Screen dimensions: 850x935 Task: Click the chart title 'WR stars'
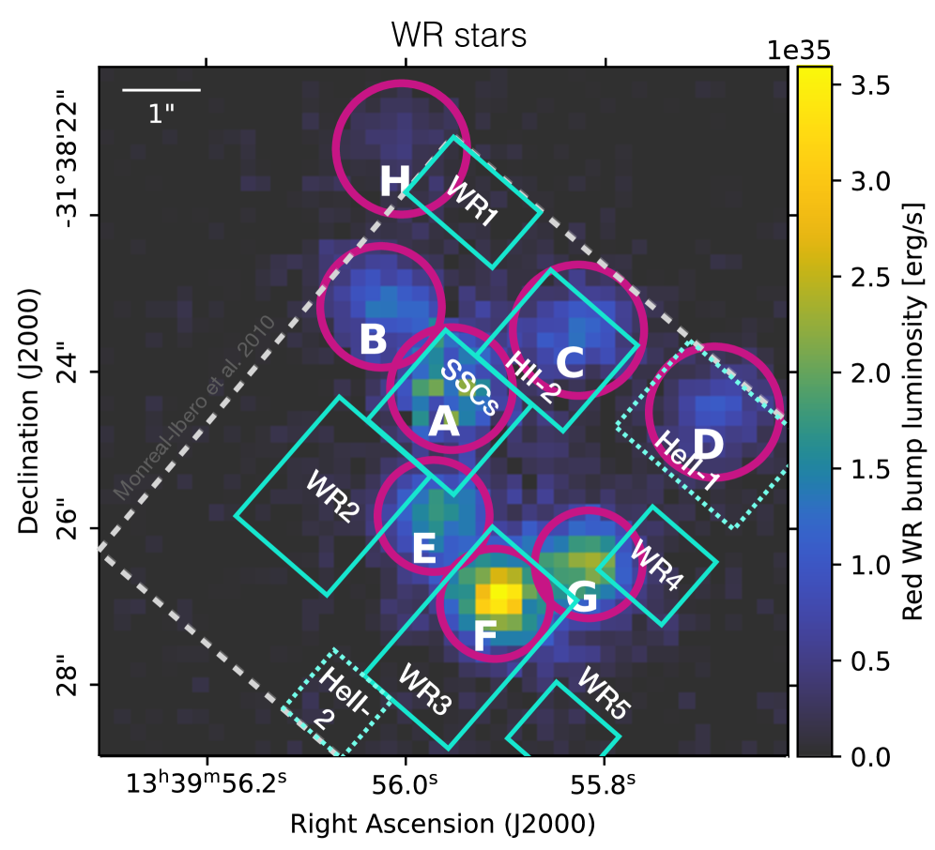[459, 35]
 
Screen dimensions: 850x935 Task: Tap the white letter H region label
[395, 182]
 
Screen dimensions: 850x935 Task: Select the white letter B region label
[373, 341]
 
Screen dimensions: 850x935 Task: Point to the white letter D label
[708, 445]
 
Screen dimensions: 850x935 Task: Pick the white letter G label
[583, 597]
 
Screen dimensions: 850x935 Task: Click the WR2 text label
[331, 495]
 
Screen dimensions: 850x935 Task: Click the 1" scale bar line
[161, 90]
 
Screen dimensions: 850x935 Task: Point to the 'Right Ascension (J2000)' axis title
[442, 824]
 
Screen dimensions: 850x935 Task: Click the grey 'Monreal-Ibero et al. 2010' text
[193, 405]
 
